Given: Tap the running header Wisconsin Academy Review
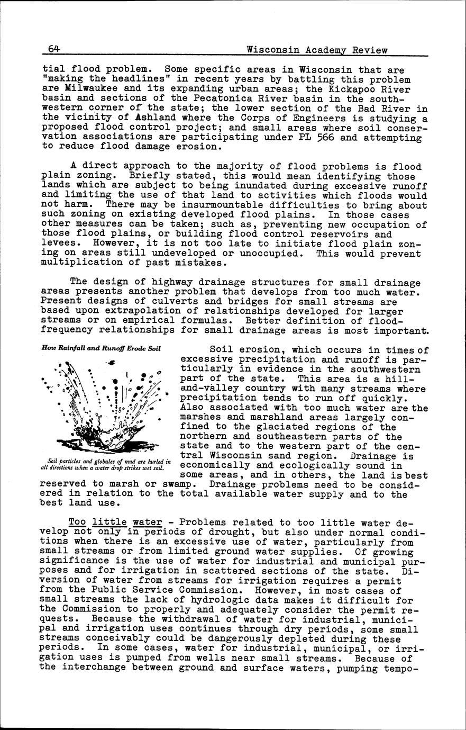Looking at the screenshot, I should tap(317, 50).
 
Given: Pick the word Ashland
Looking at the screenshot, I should tap(155, 118).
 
